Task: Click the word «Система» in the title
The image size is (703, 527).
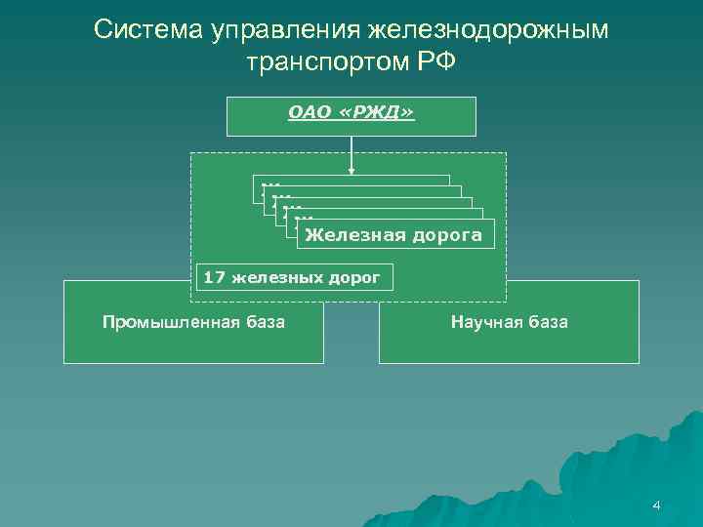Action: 145,30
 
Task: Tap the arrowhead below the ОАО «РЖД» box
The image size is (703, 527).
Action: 351,174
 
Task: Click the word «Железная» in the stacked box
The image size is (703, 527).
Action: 351,235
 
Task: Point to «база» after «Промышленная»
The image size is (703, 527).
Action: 261,322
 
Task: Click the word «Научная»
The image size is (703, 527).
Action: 483,322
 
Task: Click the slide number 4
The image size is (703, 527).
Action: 656,506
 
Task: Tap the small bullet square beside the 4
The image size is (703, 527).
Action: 643,506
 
